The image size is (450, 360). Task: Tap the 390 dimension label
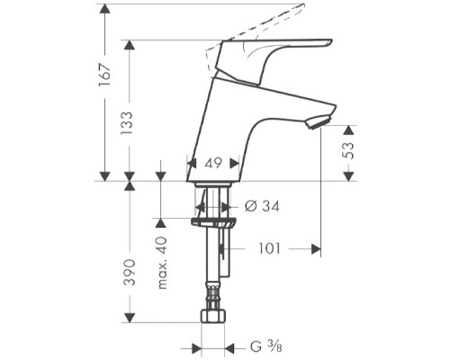point(128,270)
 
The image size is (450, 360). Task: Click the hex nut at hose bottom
point(211,319)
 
